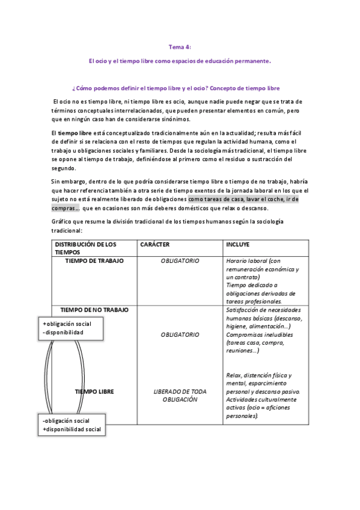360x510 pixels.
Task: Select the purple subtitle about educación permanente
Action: [x=179, y=61]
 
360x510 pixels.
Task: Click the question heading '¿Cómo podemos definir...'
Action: [x=175, y=87]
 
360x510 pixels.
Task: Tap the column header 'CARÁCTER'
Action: [x=154, y=245]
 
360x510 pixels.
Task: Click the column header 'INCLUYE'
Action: [x=237, y=245]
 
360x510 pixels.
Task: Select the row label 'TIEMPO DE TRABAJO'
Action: [x=95, y=261]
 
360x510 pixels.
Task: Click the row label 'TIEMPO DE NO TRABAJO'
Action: [x=94, y=309]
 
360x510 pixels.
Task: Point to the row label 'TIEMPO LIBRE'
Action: [x=94, y=392]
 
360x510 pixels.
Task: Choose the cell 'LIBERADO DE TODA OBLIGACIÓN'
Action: [x=180, y=395]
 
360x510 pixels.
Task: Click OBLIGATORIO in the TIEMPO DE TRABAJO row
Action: [x=180, y=261]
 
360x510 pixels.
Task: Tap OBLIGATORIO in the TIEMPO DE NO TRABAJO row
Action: [x=180, y=334]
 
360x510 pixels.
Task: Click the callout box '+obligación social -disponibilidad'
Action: [x=71, y=328]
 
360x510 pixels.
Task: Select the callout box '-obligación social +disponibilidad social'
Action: [x=72, y=425]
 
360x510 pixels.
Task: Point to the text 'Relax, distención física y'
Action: [x=258, y=375]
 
